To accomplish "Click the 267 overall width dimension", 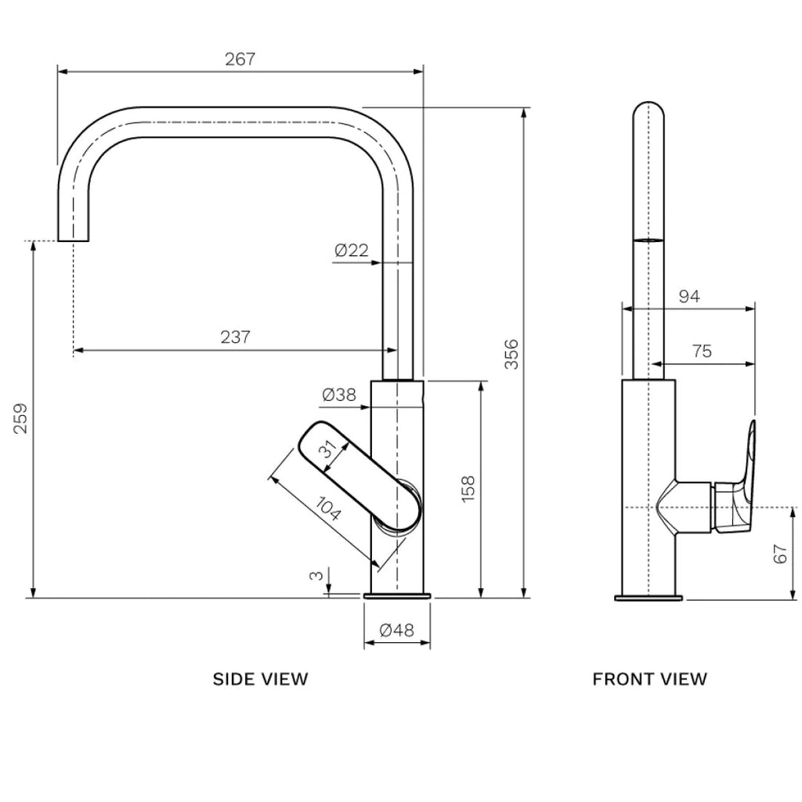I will click(240, 60).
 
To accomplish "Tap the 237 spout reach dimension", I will click(235, 338).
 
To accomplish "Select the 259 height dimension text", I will click(21, 418).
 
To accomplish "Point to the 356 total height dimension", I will click(511, 354).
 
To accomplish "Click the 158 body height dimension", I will click(468, 489).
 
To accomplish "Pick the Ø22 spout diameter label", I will click(351, 251).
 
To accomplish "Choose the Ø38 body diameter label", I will click(339, 396).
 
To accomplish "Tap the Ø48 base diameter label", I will click(397, 630).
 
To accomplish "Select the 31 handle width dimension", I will click(329, 450).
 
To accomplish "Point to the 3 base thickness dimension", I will click(316, 576).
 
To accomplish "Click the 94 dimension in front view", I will click(688, 296).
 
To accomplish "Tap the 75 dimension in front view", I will click(703, 352).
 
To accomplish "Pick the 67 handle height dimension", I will click(779, 554).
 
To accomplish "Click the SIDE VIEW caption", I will click(261, 679).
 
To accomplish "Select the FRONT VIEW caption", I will click(649, 679).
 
